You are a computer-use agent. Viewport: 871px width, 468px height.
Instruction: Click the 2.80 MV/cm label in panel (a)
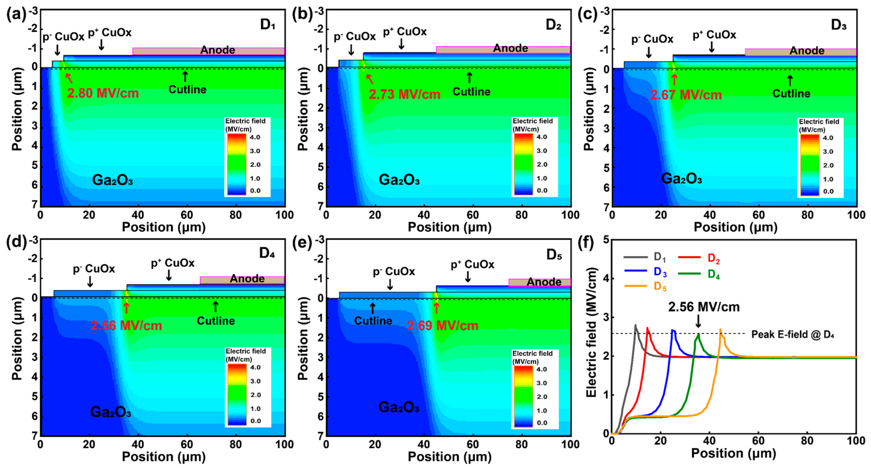[103, 93]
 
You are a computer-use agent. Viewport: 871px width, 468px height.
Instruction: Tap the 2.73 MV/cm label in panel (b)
[404, 94]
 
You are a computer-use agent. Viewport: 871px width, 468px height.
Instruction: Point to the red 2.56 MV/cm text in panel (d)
[126, 326]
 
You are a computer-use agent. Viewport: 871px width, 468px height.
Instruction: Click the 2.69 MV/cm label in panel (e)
[442, 326]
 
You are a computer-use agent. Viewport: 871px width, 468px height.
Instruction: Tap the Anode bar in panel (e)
[540, 282]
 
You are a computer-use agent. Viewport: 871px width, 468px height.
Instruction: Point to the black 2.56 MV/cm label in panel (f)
[704, 307]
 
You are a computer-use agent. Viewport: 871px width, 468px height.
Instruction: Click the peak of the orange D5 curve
[720, 329]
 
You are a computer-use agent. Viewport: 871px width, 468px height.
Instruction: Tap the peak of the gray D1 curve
[635, 325]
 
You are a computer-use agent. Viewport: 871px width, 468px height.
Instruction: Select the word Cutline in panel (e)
[373, 321]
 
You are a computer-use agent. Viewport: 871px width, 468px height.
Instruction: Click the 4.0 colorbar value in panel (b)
[542, 137]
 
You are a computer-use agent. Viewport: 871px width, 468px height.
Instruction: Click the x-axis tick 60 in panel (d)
[187, 444]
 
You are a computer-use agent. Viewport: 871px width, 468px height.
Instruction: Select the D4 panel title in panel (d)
[267, 253]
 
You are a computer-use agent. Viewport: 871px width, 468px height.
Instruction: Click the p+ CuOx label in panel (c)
[714, 35]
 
